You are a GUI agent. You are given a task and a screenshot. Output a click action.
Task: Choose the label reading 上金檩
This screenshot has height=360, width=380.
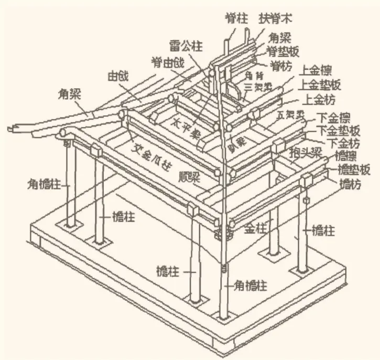pos(319,71)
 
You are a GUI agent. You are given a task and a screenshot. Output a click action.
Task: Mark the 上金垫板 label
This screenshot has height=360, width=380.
pos(322,84)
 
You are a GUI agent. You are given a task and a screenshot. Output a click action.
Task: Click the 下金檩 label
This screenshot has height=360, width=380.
pos(338,117)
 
